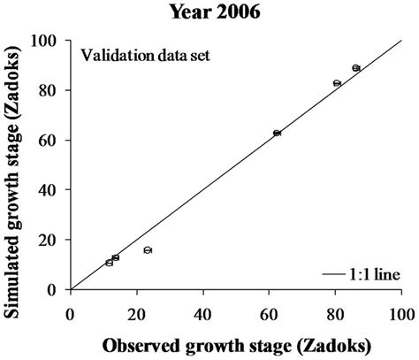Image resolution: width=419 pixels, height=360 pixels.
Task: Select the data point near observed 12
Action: [110, 263]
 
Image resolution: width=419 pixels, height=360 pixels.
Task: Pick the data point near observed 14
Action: [116, 257]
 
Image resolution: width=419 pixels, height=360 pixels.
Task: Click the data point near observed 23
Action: [148, 250]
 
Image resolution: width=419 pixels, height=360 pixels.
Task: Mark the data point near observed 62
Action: [277, 133]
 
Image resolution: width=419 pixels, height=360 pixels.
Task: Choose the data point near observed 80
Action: [337, 83]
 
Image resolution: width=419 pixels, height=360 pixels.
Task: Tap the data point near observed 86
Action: [356, 68]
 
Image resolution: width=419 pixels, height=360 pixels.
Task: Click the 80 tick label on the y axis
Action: [52, 90]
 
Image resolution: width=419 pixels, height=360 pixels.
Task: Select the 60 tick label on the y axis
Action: [52, 140]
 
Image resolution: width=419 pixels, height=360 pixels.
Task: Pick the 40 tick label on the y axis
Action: [52, 190]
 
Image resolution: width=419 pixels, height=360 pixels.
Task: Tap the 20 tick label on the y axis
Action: [52, 240]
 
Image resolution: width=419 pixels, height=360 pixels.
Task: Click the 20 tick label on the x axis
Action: [137, 312]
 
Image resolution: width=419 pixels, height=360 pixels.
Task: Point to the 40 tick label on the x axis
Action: [203, 312]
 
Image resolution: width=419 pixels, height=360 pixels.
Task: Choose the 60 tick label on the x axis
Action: [270, 312]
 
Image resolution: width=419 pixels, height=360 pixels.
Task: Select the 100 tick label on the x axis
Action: [402, 312]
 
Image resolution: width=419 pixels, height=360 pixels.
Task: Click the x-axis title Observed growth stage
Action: [236, 343]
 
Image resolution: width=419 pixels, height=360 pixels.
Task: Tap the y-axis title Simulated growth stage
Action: [14, 165]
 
